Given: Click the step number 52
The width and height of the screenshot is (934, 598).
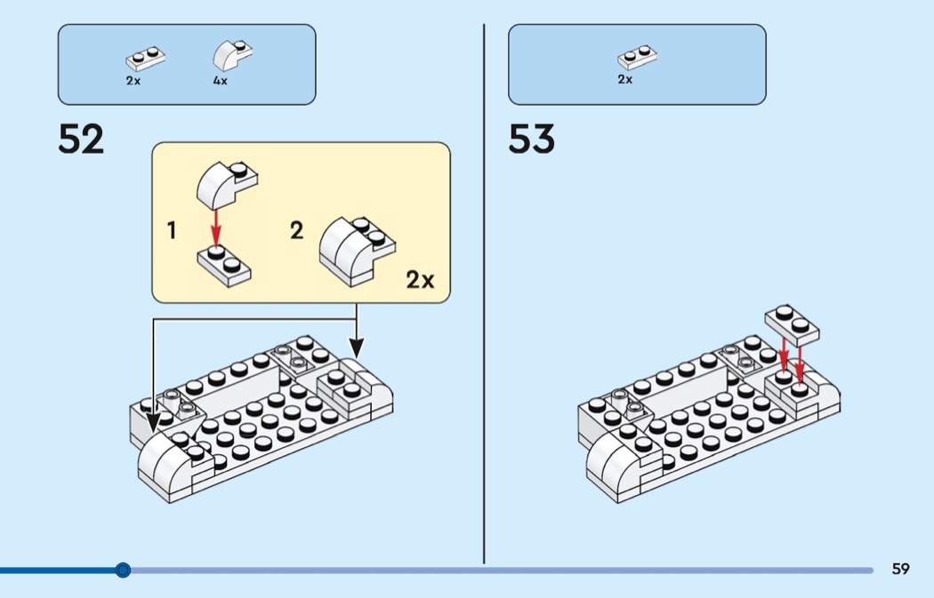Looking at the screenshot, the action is (81, 140).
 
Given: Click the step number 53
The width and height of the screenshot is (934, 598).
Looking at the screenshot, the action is (531, 140).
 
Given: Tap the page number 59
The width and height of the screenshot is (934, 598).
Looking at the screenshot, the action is (900, 569).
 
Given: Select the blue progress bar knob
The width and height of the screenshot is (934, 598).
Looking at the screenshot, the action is (123, 570).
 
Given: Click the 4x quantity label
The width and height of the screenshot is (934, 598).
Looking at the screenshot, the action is (221, 80).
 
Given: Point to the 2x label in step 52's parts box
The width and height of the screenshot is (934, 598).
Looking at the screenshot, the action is (133, 80).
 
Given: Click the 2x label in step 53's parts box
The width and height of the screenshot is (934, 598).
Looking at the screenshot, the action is (624, 79).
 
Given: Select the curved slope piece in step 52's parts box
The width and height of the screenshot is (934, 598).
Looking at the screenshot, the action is (232, 55).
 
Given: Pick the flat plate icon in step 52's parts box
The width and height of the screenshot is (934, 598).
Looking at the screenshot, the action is (145, 59).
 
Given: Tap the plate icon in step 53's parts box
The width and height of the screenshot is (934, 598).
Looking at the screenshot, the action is (638, 57).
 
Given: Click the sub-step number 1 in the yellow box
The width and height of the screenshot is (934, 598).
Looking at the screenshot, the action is (172, 230).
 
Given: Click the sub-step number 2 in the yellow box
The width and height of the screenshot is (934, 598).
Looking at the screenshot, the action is (296, 230).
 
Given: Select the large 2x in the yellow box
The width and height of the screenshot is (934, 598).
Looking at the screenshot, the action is (421, 279).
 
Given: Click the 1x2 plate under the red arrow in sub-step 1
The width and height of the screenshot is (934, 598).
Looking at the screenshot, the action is (224, 266).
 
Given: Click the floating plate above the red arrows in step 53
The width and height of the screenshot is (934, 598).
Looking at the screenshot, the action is (792, 325).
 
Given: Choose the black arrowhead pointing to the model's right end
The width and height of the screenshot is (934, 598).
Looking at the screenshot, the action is (356, 347).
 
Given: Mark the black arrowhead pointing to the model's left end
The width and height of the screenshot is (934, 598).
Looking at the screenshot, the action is (154, 422).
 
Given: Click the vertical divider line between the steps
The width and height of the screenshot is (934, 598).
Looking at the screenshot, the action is (484, 293).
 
